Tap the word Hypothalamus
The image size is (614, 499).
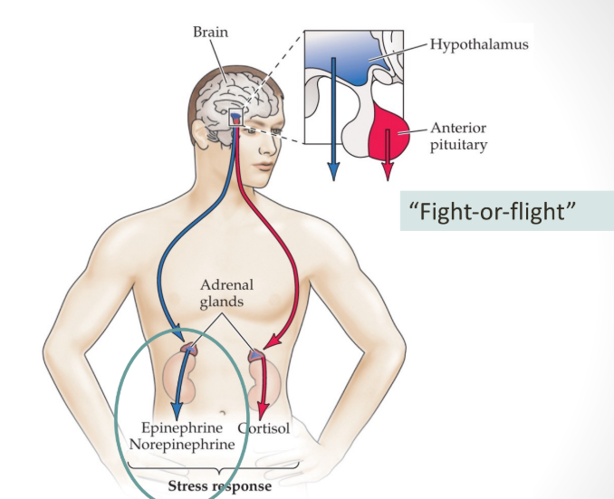(479, 43)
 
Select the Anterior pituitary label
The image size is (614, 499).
(458, 136)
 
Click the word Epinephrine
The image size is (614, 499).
(181, 428)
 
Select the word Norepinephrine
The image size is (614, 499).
(181, 445)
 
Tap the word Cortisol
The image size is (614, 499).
(264, 428)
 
